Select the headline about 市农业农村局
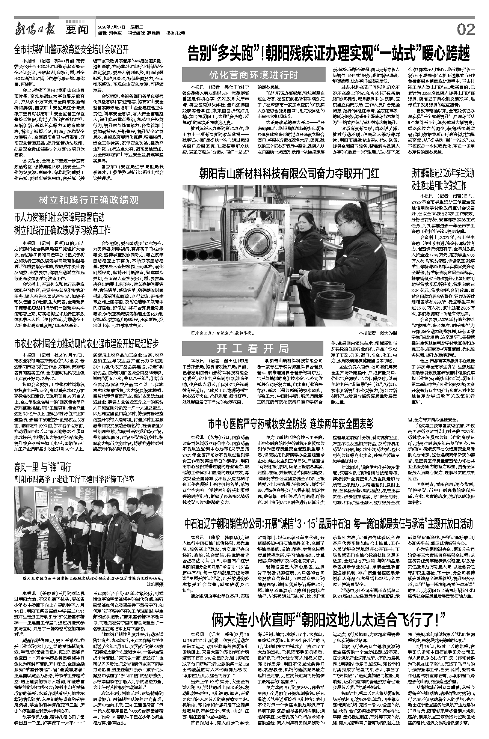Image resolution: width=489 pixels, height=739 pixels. coord(86,343)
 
